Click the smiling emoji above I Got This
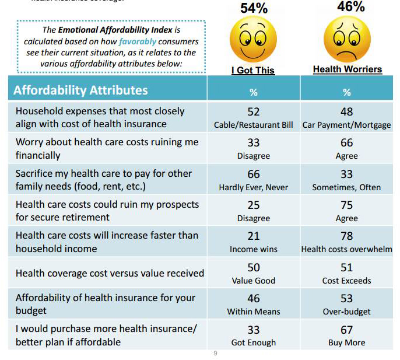click(x=253, y=40)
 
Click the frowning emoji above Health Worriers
click(x=347, y=40)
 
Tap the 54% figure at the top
click(x=254, y=8)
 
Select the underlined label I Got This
click(x=253, y=70)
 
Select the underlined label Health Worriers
click(x=348, y=69)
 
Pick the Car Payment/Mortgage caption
click(x=347, y=125)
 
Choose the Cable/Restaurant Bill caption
click(x=253, y=125)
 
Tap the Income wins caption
click(x=253, y=249)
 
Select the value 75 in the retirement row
click(x=347, y=205)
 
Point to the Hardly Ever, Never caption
click(x=253, y=187)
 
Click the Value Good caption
click(x=253, y=281)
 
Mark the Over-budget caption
click(x=347, y=312)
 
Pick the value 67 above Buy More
click(x=347, y=330)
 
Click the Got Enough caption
click(x=253, y=342)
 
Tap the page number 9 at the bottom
click(x=215, y=353)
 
